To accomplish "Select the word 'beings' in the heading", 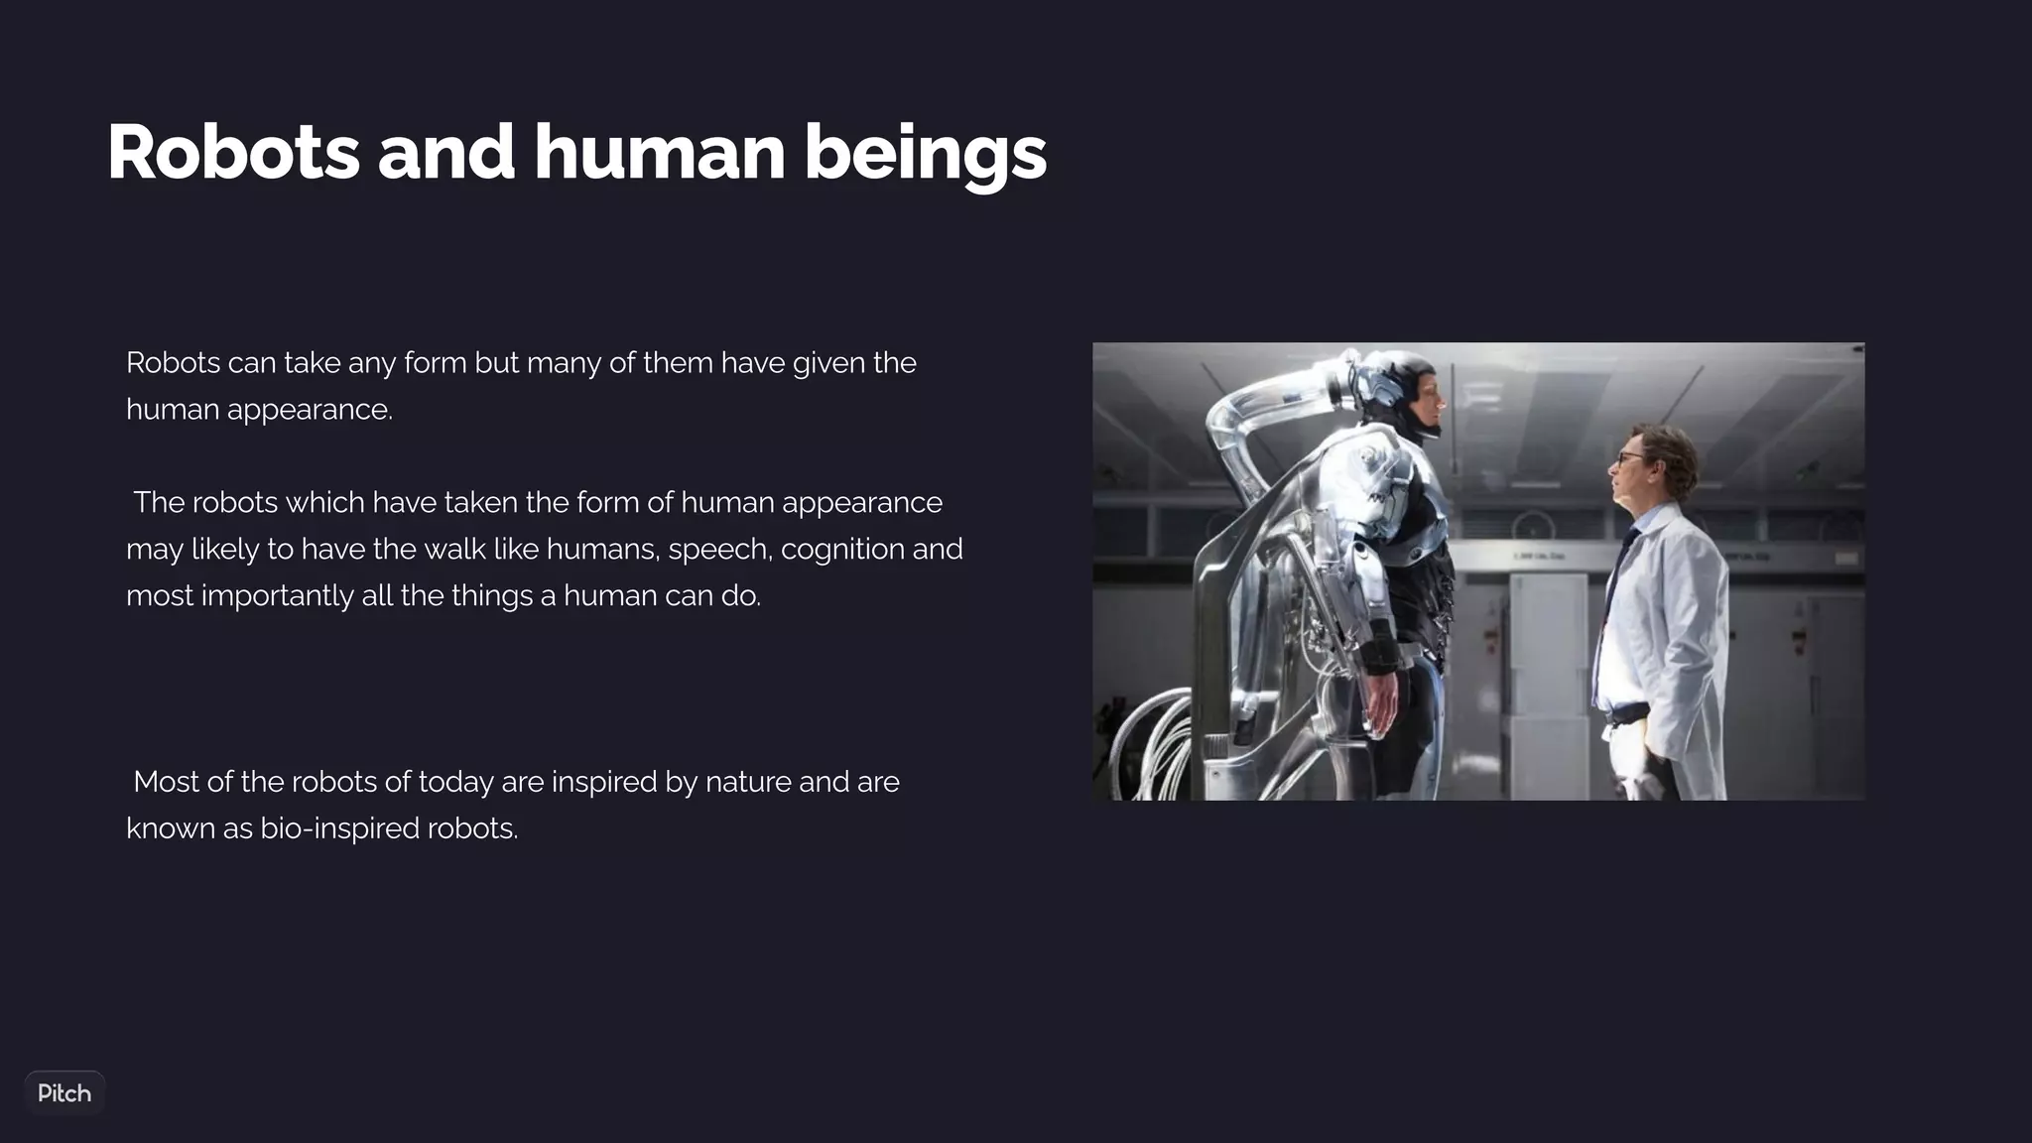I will pos(925,154).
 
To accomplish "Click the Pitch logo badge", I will pos(64,1093).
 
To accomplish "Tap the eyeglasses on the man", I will pos(1630,458).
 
